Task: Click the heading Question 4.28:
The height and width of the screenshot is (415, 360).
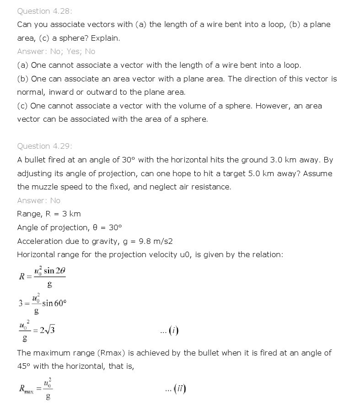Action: point(44,11)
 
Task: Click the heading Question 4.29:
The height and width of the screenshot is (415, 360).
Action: point(44,146)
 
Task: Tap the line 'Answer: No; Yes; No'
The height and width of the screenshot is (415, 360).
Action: point(56,52)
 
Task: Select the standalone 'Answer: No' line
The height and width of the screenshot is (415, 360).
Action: point(38,200)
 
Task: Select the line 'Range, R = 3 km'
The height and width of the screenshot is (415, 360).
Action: point(48,214)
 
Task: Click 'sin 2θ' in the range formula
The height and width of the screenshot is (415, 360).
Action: point(55,270)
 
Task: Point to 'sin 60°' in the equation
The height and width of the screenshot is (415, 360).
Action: point(54,303)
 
